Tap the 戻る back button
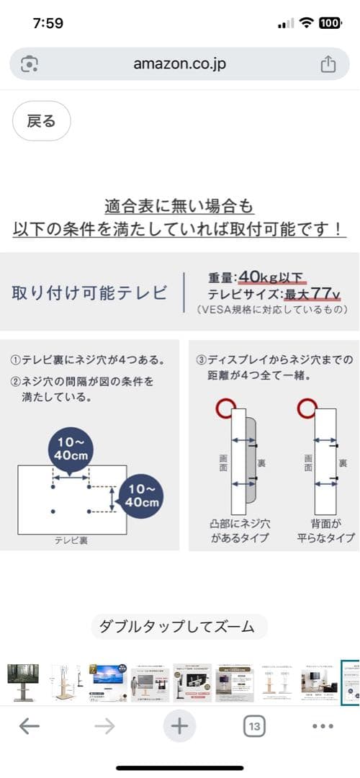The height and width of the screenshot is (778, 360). [41, 121]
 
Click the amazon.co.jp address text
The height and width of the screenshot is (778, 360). [179, 64]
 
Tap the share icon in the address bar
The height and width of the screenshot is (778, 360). [328, 64]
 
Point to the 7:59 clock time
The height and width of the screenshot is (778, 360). [48, 22]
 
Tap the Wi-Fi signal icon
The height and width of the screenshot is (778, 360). [307, 22]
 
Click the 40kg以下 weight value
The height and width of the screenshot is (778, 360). [273, 277]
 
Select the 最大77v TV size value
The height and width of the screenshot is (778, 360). [312, 294]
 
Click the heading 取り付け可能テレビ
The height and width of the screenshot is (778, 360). [89, 292]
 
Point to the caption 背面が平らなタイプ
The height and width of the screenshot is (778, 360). [327, 532]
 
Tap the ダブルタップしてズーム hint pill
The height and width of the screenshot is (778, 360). [179, 627]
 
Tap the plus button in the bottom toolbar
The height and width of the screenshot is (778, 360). [179, 726]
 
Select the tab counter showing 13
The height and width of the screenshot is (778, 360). [253, 726]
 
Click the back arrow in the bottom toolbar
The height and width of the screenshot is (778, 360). [30, 726]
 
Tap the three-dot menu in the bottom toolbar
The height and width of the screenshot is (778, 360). [323, 726]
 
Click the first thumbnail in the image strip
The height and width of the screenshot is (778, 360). [23, 683]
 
